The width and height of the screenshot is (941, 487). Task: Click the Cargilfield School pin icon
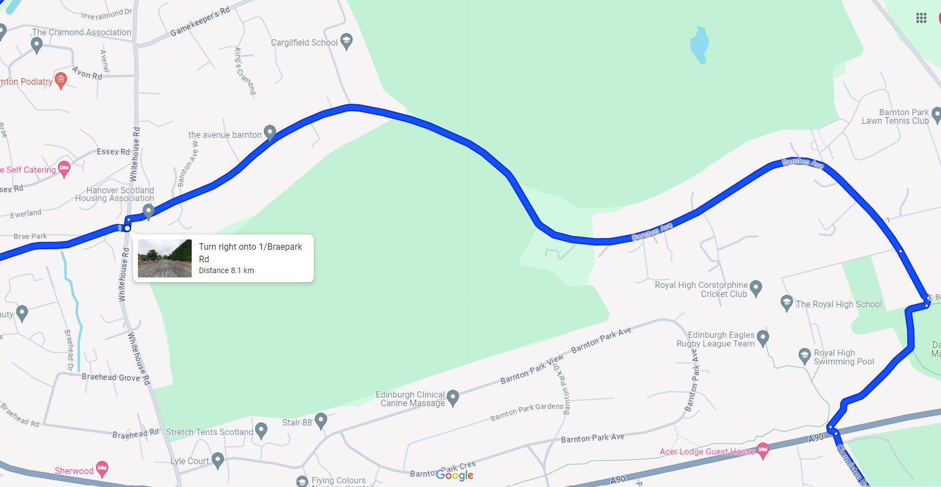(346, 41)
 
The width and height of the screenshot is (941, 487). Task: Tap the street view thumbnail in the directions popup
(165, 258)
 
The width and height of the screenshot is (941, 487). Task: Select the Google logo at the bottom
(454, 475)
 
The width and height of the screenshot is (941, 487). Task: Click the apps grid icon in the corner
(921, 18)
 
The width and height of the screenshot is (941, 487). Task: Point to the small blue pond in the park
(699, 45)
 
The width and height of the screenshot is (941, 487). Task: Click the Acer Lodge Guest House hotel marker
(763, 450)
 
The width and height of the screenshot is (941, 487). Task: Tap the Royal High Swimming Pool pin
(805, 356)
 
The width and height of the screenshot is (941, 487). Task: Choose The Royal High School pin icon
(786, 302)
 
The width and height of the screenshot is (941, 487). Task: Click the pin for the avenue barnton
(270, 132)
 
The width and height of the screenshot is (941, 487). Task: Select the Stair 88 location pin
(321, 420)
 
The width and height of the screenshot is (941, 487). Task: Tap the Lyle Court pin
(218, 460)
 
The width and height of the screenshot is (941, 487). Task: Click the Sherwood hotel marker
(102, 469)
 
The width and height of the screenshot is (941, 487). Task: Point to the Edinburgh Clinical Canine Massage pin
(453, 398)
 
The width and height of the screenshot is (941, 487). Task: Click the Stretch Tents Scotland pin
(261, 431)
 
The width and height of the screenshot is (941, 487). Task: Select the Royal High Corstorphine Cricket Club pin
(756, 288)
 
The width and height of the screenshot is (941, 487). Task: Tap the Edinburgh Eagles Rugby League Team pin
(763, 338)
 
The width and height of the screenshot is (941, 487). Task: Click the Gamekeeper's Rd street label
(200, 22)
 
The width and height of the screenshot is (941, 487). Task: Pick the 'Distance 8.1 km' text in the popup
(226, 270)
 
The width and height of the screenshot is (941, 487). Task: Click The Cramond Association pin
(37, 45)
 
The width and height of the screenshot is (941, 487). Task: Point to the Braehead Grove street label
(111, 377)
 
